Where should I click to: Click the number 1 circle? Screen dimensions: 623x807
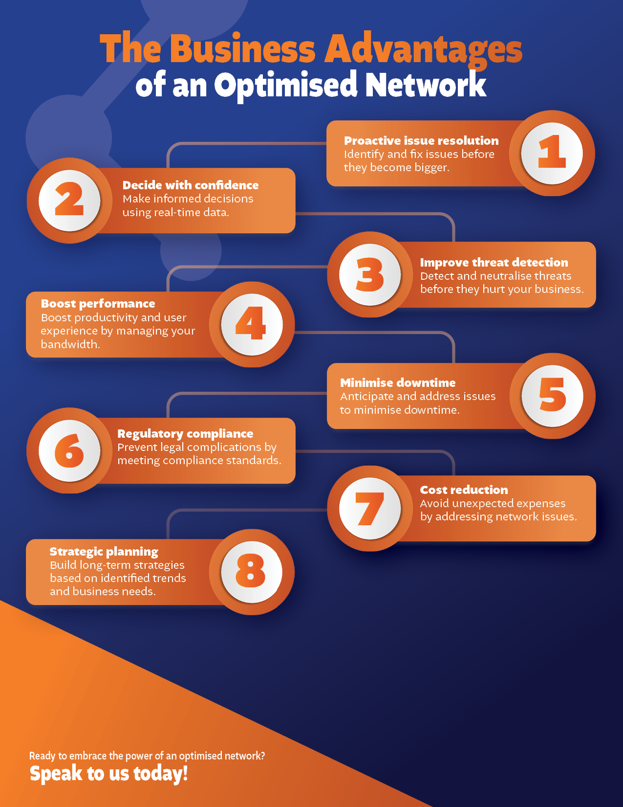(x=552, y=153)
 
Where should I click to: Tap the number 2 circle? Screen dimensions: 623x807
(x=69, y=201)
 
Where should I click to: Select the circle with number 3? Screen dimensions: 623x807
(x=370, y=274)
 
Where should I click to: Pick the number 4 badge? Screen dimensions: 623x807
(x=252, y=324)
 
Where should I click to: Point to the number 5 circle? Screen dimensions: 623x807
(x=553, y=396)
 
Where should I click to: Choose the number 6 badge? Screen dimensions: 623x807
(x=69, y=450)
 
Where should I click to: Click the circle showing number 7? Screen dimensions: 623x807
(x=370, y=509)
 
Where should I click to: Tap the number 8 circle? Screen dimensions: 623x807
(x=252, y=572)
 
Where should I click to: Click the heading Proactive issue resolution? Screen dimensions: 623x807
(x=421, y=141)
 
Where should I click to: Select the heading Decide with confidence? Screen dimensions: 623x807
(x=191, y=185)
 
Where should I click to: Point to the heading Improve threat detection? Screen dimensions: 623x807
(x=494, y=263)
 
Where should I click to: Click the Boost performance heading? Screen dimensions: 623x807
(x=98, y=304)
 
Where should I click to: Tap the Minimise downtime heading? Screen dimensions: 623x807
(x=398, y=382)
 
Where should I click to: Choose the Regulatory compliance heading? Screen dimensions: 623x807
(x=185, y=434)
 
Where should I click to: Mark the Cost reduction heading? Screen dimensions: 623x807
(x=464, y=490)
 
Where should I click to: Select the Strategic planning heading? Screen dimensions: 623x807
(x=104, y=552)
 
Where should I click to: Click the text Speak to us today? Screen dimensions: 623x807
(x=108, y=774)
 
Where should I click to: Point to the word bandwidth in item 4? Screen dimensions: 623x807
(x=70, y=344)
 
